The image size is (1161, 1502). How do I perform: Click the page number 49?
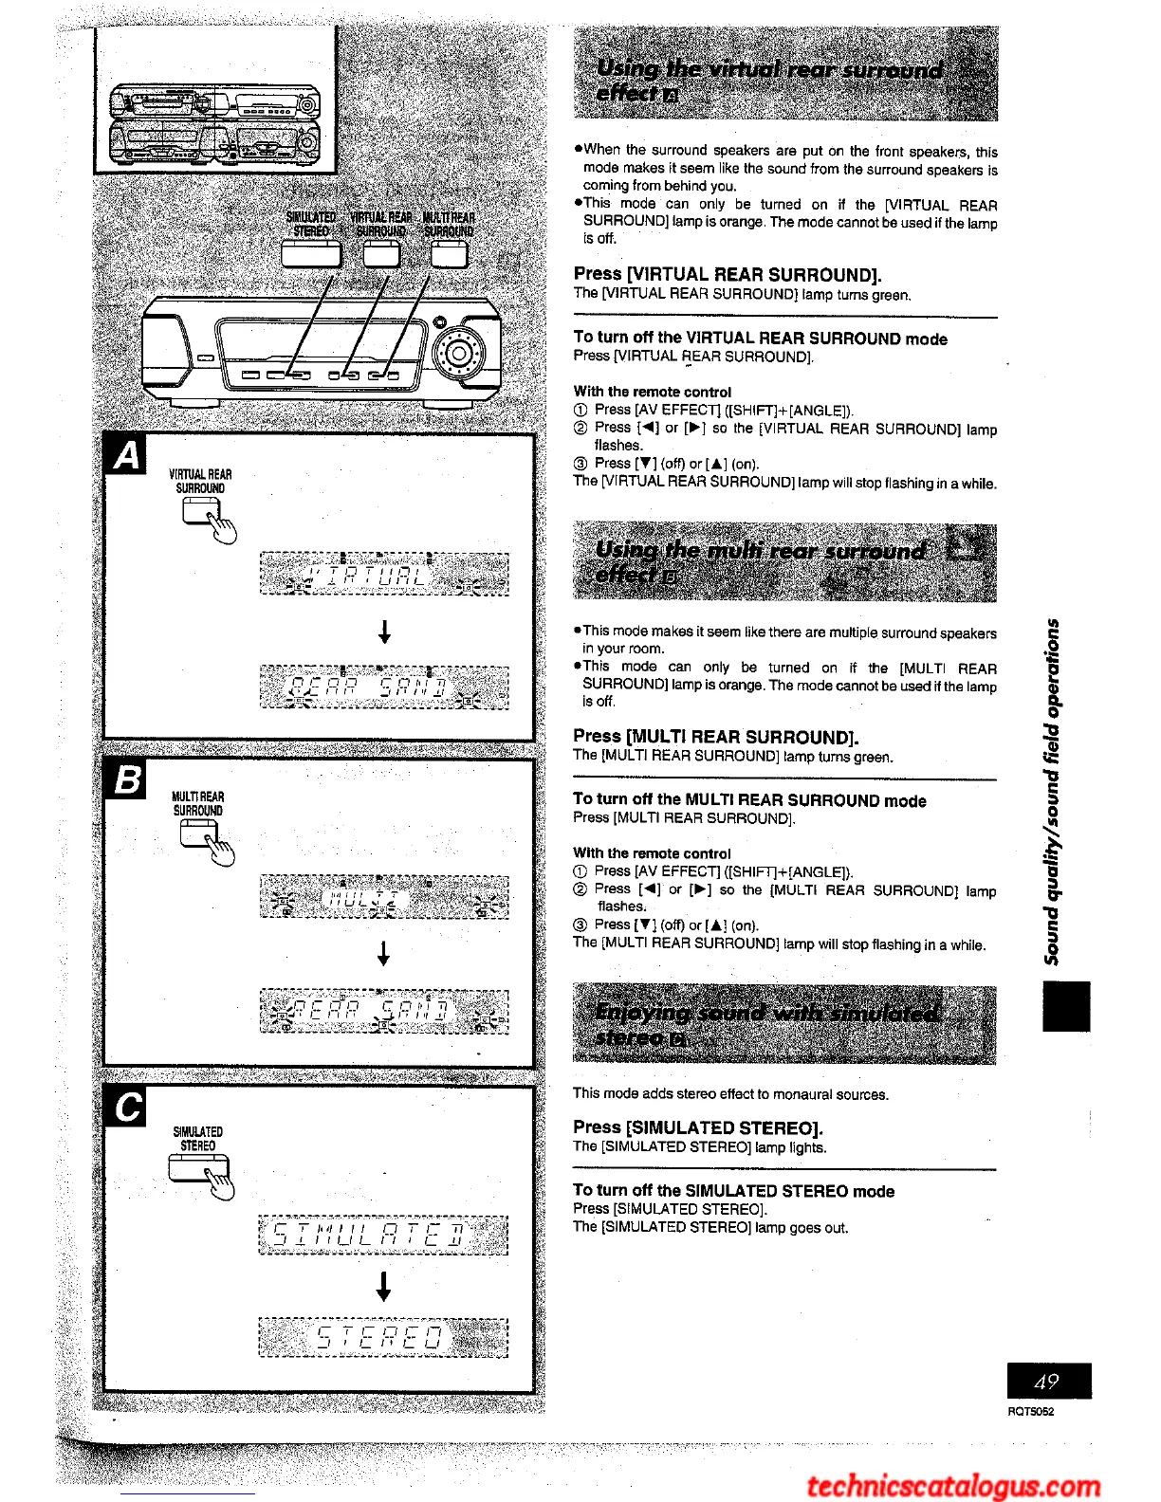point(1048,1382)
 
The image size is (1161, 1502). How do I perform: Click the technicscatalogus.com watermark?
point(953,1485)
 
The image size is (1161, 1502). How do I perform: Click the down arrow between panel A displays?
point(384,631)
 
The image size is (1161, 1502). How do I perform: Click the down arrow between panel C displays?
point(384,1286)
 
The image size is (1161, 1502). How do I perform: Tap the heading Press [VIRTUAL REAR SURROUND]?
point(728,275)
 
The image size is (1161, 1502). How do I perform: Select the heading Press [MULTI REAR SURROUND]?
point(716,737)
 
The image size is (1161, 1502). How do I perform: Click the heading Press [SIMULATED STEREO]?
point(698,1127)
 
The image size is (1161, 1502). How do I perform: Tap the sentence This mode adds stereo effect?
point(730,1094)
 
